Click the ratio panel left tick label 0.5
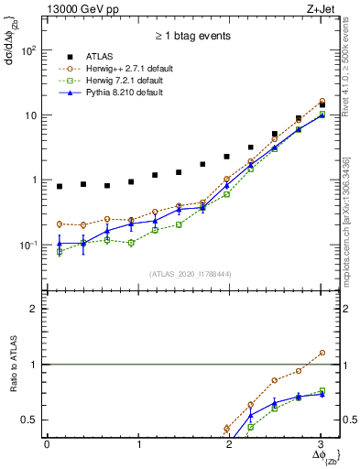(x=31, y=420)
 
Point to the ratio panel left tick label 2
(x=34, y=309)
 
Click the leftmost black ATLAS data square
(x=60, y=187)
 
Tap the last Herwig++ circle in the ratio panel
(x=321, y=353)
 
